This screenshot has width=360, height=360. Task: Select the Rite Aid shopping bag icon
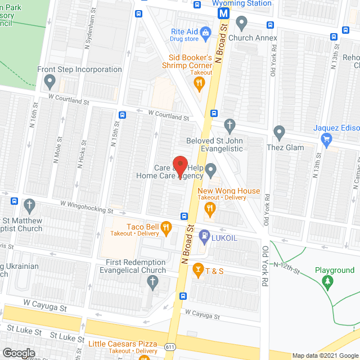click(x=206, y=33)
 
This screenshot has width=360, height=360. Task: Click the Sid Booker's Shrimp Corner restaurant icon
click(x=199, y=84)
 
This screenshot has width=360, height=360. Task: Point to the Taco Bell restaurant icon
click(x=166, y=228)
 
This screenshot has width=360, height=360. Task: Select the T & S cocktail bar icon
click(x=197, y=271)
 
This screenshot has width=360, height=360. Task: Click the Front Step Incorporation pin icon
click(x=50, y=83)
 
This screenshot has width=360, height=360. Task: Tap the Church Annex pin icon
click(x=242, y=24)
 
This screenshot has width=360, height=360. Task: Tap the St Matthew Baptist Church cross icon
click(x=29, y=205)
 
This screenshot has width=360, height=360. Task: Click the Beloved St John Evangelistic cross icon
click(x=229, y=125)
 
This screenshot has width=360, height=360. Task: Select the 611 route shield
click(x=170, y=347)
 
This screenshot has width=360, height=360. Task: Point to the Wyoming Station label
click(x=242, y=3)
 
